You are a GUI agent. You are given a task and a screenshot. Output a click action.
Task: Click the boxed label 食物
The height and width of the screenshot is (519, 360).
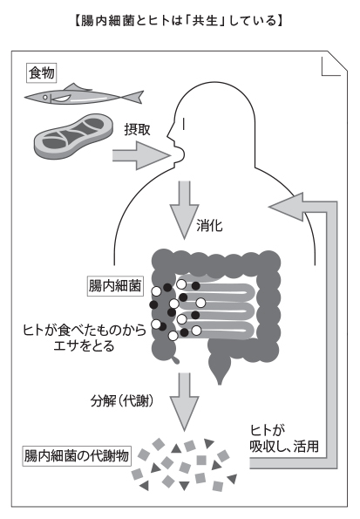41,72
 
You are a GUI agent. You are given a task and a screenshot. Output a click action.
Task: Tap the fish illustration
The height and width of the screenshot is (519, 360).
84,96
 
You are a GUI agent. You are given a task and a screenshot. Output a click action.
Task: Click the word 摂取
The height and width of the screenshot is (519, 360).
138,129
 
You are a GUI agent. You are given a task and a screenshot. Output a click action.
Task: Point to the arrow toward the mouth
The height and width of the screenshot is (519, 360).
141,155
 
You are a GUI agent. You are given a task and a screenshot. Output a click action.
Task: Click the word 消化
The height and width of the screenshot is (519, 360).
209,226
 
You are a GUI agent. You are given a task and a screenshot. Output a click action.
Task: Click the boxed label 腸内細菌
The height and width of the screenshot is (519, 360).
115,285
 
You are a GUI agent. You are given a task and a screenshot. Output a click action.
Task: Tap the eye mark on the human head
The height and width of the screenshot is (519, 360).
184,124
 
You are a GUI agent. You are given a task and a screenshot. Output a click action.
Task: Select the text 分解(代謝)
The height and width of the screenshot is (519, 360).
122,401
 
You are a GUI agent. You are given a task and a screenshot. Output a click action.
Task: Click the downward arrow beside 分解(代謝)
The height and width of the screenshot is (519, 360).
184,402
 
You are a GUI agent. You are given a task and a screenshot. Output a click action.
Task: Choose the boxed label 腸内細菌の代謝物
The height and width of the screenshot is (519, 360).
77,456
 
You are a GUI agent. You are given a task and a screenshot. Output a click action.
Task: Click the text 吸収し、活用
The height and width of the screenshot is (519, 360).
284,447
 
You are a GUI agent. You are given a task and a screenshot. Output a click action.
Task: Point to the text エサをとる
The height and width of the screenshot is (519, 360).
84,346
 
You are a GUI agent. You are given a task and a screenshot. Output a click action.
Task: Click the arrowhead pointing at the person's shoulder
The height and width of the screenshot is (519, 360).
287,207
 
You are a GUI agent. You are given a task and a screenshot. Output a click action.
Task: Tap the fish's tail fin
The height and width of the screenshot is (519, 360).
135,96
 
